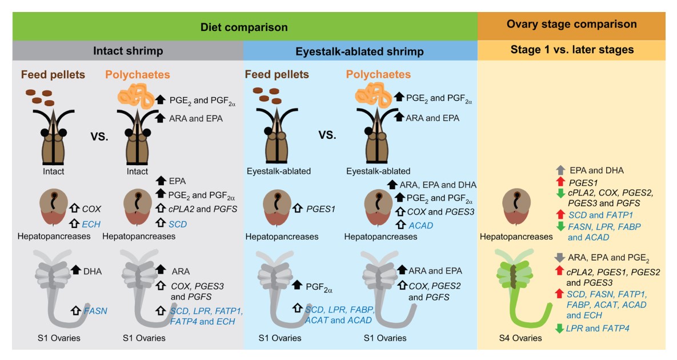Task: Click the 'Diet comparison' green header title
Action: [x=244, y=27]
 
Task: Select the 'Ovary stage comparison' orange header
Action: [x=571, y=25]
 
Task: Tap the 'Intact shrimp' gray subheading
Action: [x=128, y=51]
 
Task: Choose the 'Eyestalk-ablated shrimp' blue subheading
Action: [x=359, y=51]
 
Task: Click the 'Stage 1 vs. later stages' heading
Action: [x=571, y=50]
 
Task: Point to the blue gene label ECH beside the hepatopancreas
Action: [x=91, y=224]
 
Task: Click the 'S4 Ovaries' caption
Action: [x=519, y=338]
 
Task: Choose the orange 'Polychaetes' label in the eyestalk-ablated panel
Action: [x=378, y=75]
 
